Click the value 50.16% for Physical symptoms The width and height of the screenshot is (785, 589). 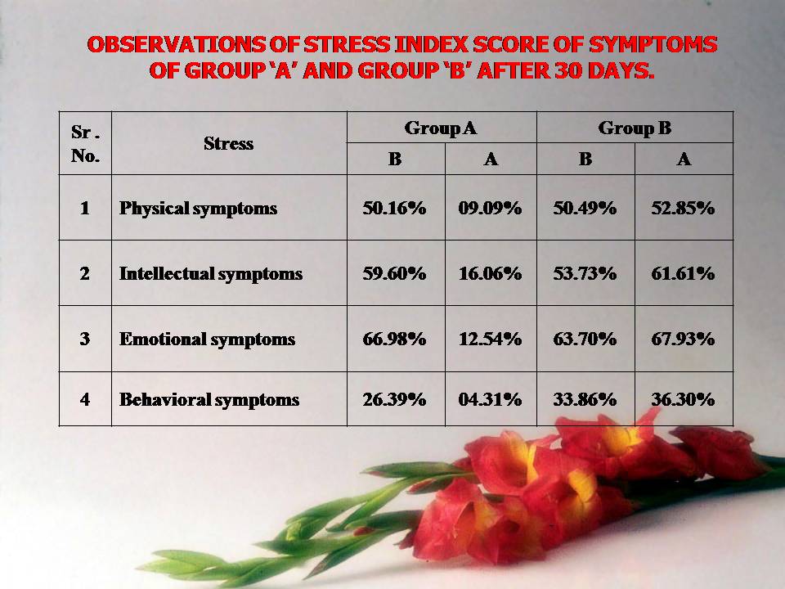[394, 208]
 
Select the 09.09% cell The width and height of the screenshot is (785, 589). [490, 208]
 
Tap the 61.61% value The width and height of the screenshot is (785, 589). [683, 273]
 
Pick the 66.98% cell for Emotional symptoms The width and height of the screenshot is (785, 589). [394, 339]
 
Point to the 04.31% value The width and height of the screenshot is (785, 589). [490, 399]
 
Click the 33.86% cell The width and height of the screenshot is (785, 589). [585, 399]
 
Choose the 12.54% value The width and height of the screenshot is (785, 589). [490, 339]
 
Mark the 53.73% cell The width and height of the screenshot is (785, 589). [585, 273]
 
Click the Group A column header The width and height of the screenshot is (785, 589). [441, 128]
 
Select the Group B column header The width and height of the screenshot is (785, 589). [635, 128]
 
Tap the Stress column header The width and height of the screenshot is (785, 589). [228, 144]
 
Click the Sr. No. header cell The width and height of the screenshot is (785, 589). [85, 144]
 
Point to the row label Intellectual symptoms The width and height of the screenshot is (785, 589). [211, 274]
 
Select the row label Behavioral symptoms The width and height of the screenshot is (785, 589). [209, 400]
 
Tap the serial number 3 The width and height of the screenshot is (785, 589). [84, 339]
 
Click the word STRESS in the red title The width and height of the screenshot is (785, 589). [347, 44]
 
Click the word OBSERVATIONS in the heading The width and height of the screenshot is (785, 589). [177, 44]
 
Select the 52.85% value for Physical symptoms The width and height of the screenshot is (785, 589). [683, 208]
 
